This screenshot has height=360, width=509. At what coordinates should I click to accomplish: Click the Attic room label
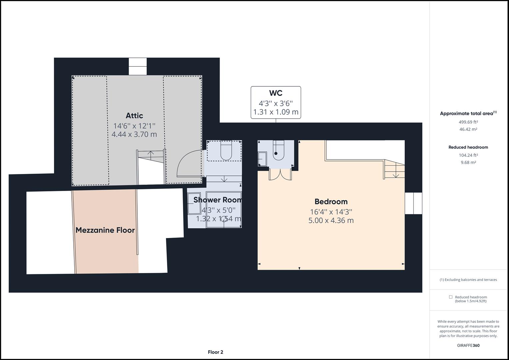point(134,116)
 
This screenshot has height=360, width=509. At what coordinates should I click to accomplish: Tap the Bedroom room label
point(331,202)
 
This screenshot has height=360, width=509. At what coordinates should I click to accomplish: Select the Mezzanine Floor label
point(105,230)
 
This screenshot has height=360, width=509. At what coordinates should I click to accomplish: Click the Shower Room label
point(217,200)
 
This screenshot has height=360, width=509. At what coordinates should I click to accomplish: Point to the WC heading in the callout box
point(276,93)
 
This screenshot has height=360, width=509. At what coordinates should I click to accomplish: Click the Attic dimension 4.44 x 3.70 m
point(134,134)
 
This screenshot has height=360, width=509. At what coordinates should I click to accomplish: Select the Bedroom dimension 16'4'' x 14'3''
point(331,212)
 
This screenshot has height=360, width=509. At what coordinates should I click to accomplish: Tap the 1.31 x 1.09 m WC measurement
point(276,112)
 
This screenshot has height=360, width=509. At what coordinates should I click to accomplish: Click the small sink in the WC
point(262,159)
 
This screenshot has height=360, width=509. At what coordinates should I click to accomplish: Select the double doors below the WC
point(280,174)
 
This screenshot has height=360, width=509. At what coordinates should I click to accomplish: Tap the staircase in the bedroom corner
point(395,169)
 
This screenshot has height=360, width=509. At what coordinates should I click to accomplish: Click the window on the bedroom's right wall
point(413,203)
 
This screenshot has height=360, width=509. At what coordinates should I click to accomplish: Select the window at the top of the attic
point(137,66)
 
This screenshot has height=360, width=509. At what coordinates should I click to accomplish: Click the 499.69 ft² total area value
point(468,122)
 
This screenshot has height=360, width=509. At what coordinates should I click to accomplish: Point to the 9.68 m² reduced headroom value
point(468,163)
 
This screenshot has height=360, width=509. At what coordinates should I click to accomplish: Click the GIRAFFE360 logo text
point(468,345)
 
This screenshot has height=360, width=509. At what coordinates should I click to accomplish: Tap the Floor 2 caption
point(215,352)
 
